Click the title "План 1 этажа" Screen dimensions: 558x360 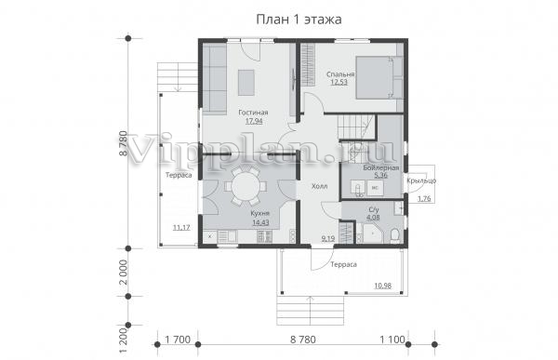299,20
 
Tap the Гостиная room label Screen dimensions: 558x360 253,113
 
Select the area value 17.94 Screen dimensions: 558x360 254,121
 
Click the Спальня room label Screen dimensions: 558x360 340,74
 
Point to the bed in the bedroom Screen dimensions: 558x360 379,77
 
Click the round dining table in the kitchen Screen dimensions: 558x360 244,186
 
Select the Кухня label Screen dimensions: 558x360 259,214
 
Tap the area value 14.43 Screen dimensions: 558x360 260,222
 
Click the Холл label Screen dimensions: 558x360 320,186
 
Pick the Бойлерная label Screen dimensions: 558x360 381,167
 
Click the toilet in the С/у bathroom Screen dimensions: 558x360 394,235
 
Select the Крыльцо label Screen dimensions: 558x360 421,180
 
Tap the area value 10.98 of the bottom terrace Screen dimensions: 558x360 383,286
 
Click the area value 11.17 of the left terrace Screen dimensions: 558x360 181,228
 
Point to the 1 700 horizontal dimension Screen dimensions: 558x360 178,340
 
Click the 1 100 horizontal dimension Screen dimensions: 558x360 392,340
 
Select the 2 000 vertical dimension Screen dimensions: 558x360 123,273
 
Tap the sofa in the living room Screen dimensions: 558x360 214,78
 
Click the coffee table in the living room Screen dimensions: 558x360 246,82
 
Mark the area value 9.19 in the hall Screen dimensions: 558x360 328,238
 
